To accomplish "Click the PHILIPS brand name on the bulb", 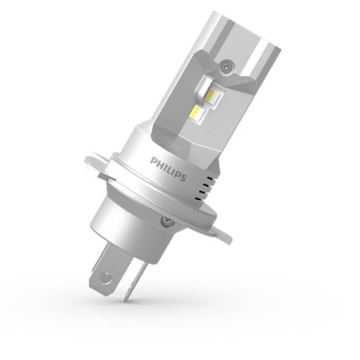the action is tap(168, 169).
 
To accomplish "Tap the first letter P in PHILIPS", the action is tap(153, 162).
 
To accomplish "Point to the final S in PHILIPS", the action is tap(183, 177).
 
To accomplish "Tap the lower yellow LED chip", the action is tap(198, 112).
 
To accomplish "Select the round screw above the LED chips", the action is tap(227, 65).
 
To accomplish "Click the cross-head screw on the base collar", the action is tap(167, 221).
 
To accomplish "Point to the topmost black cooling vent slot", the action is tap(210, 178).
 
